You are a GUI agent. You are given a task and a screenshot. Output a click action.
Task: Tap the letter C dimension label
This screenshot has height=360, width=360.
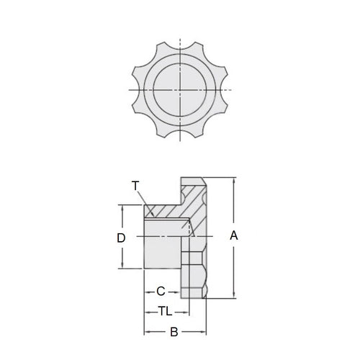[x=161, y=291]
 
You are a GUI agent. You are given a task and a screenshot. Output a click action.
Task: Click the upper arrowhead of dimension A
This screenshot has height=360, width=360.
[x=233, y=179]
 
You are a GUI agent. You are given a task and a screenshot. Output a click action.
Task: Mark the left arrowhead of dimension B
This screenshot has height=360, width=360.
[x=147, y=332]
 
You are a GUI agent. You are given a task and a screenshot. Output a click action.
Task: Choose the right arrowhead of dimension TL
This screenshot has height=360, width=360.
[x=187, y=311]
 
